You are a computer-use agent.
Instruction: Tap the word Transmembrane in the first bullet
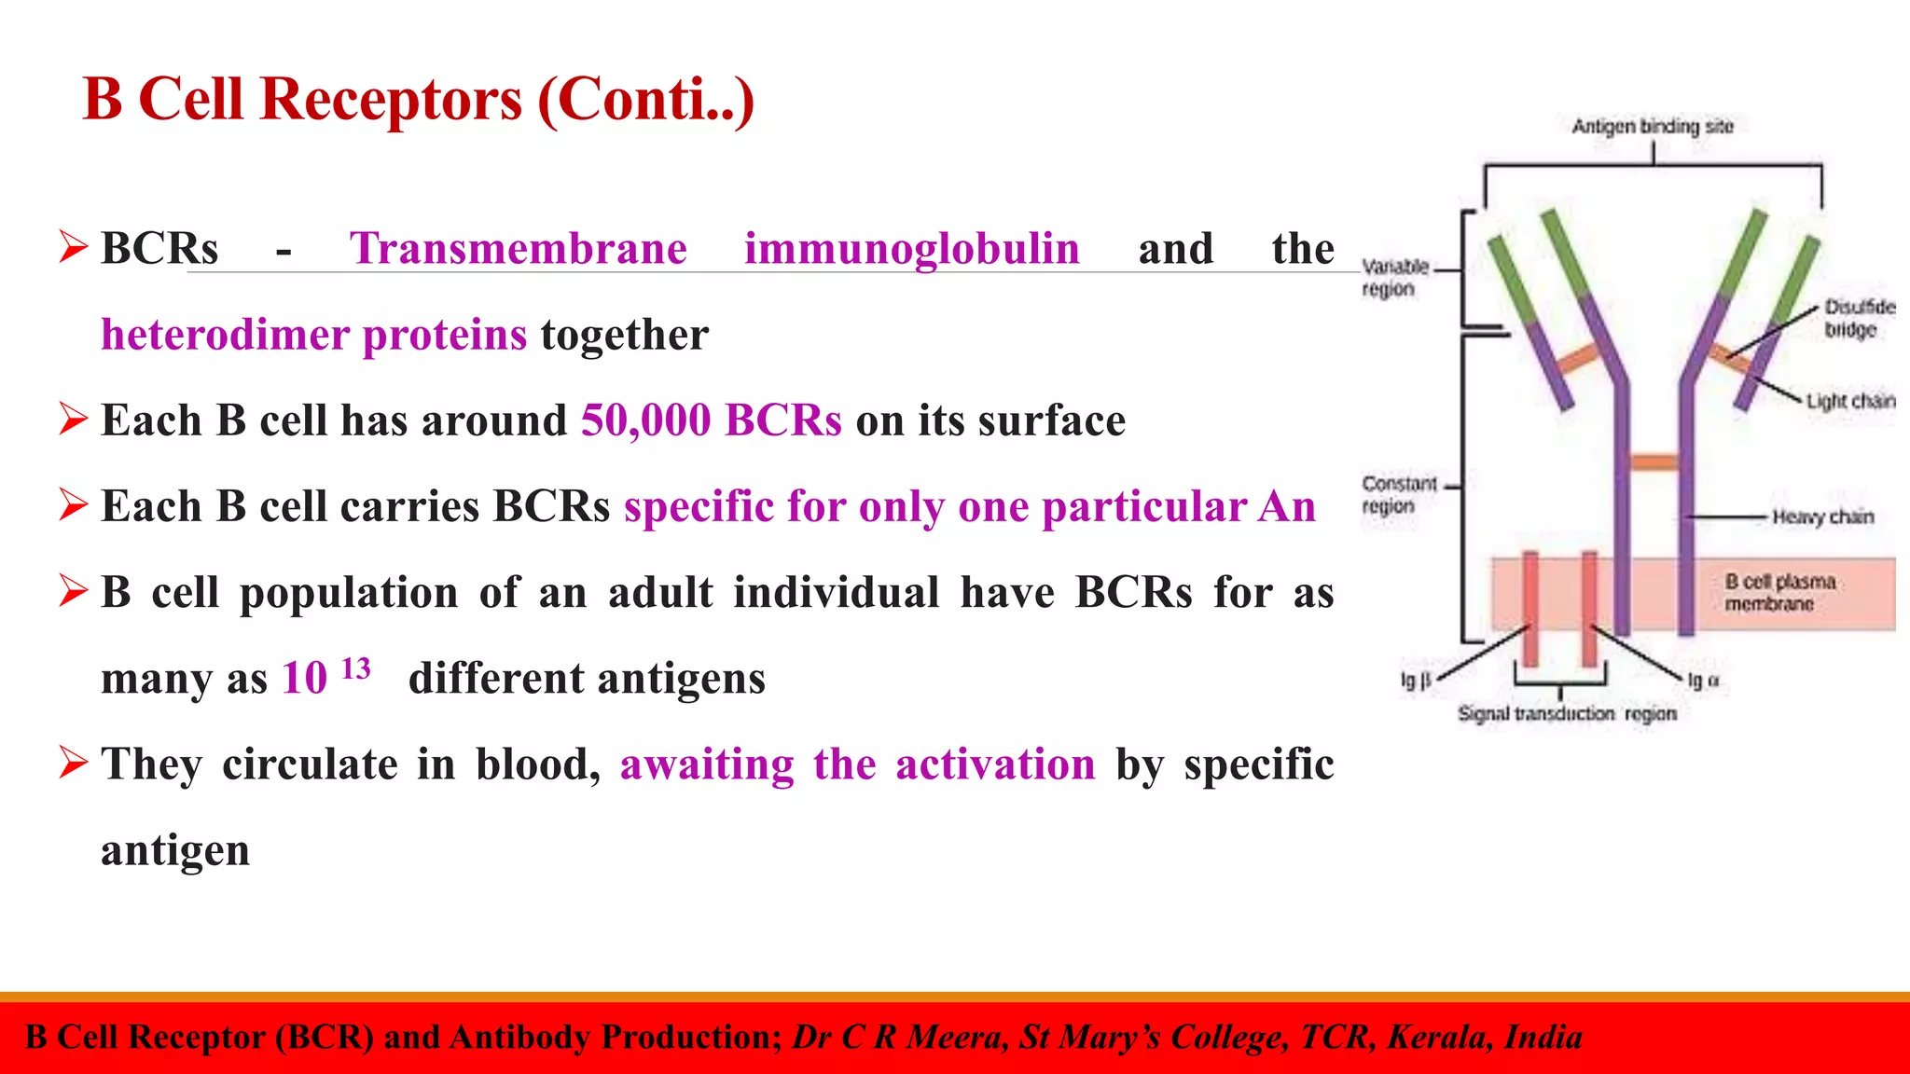point(519,249)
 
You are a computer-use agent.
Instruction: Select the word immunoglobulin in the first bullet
point(911,249)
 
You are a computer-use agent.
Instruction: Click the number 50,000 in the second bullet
point(645,420)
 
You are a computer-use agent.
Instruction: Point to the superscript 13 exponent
point(356,668)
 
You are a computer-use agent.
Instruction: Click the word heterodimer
point(225,335)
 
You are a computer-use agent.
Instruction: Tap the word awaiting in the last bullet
point(706,764)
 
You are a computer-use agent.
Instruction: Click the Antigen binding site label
point(1652,126)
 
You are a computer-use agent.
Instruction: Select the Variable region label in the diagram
point(1394,278)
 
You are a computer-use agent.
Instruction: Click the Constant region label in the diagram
point(1398,495)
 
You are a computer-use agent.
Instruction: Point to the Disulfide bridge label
point(1858,318)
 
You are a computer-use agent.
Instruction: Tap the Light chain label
point(1850,401)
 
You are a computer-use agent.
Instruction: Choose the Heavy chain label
point(1822,516)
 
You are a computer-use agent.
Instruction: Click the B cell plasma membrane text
point(1779,593)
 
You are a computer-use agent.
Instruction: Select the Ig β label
point(1415,682)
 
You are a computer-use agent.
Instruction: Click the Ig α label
point(1703,682)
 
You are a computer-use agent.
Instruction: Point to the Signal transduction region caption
point(1567,714)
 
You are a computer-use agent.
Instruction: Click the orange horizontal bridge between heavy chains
point(1654,462)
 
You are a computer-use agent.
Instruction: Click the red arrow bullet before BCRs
point(73,247)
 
